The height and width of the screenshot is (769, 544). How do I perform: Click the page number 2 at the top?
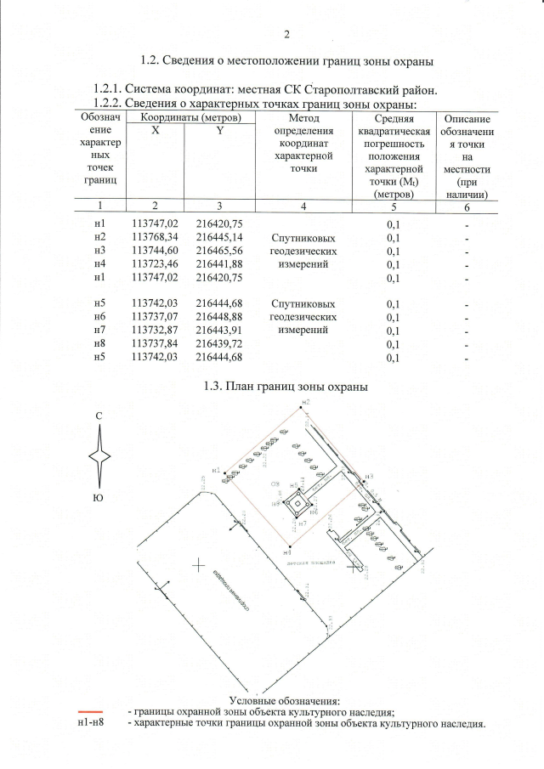(x=286, y=35)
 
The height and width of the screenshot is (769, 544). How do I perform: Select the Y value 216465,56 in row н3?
(x=219, y=251)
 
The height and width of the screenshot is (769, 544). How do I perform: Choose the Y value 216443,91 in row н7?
(x=219, y=331)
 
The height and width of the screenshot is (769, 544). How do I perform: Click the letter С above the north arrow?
(x=100, y=416)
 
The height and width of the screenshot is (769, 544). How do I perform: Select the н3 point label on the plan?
(x=368, y=477)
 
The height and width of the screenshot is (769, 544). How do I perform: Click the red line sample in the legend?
(x=90, y=710)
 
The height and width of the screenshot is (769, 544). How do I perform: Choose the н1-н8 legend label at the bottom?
(x=90, y=724)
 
